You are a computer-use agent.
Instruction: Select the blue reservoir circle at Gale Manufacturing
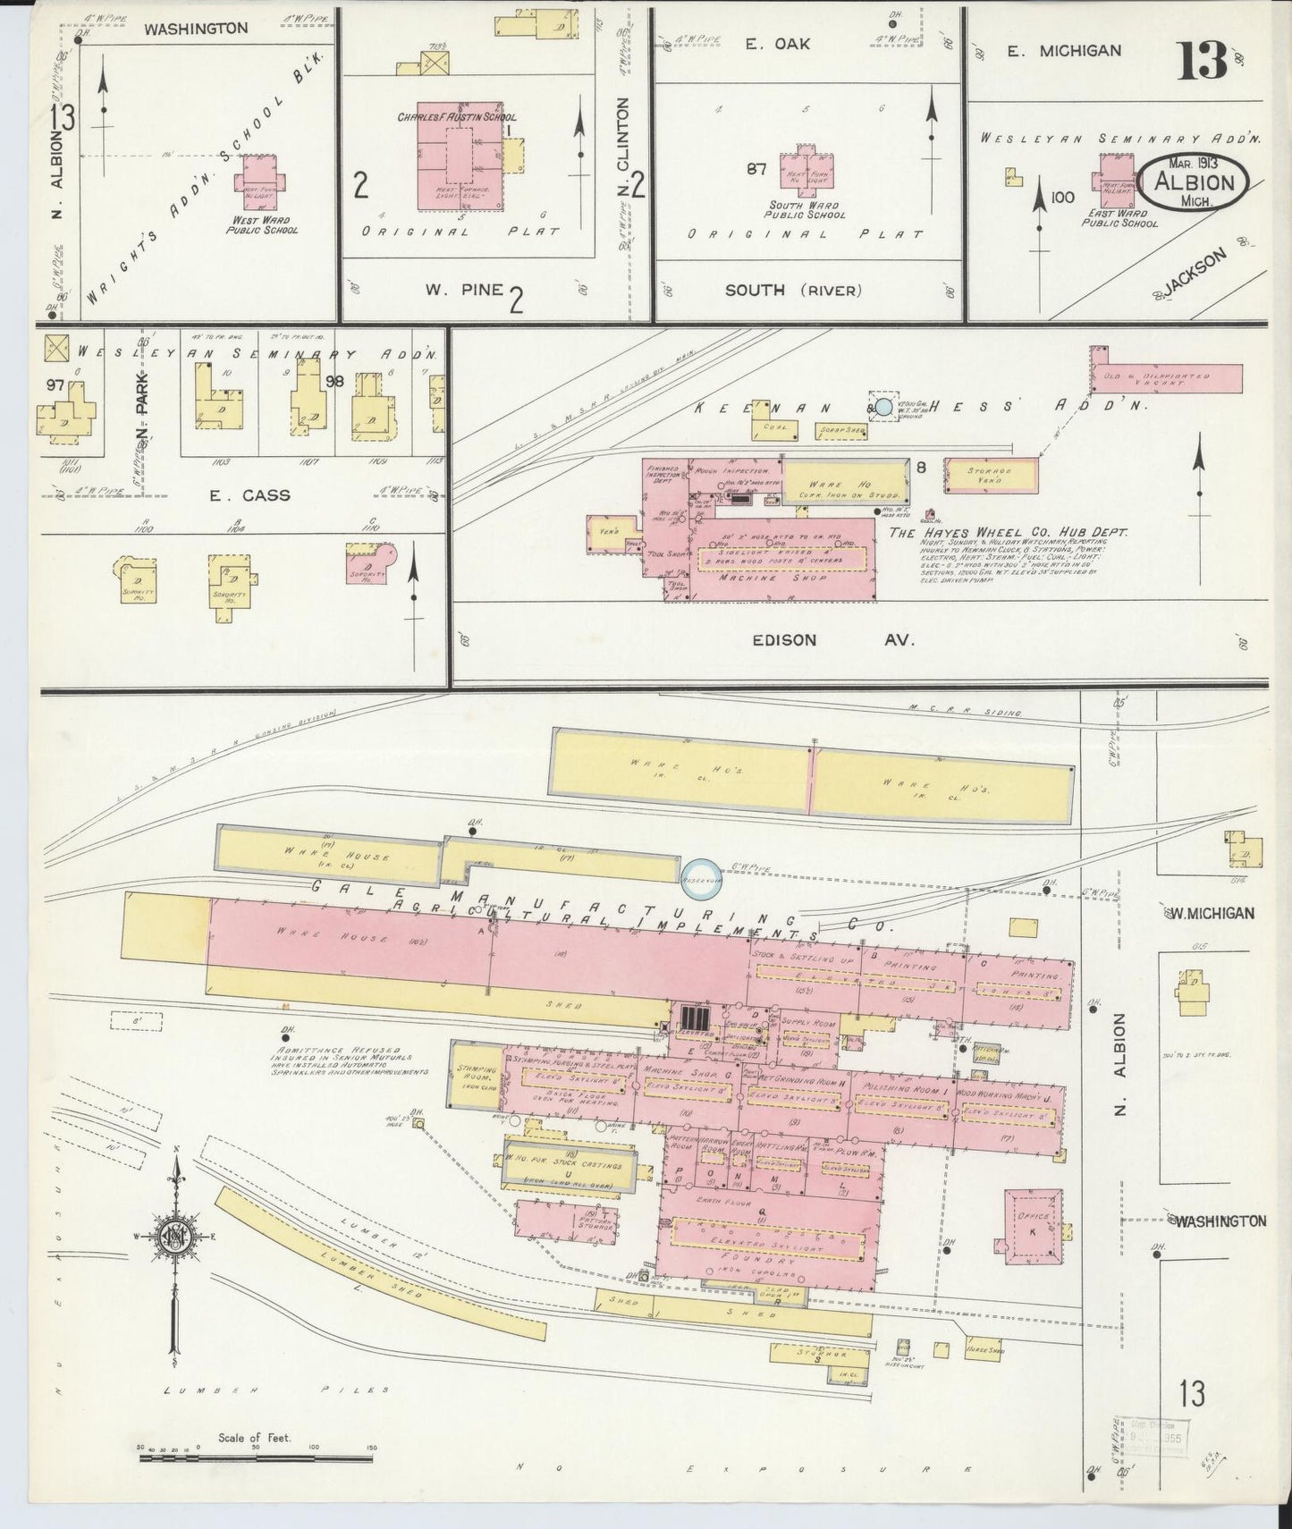click(701, 875)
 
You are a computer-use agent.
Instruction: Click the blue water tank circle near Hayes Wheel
click(883, 408)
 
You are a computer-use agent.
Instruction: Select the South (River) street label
click(793, 289)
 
